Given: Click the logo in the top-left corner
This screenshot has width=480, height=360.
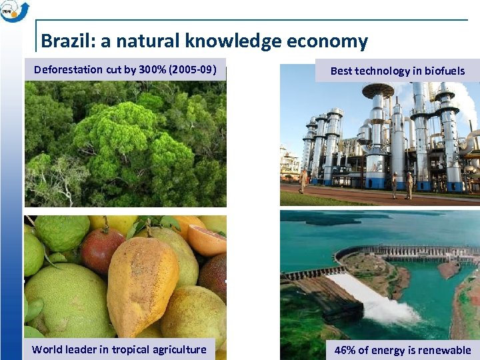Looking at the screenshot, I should pos(14,11).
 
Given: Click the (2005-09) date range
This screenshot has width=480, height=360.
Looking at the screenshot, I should pos(193,69).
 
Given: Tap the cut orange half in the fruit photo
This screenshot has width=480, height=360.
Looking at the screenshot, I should pos(207,240).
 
